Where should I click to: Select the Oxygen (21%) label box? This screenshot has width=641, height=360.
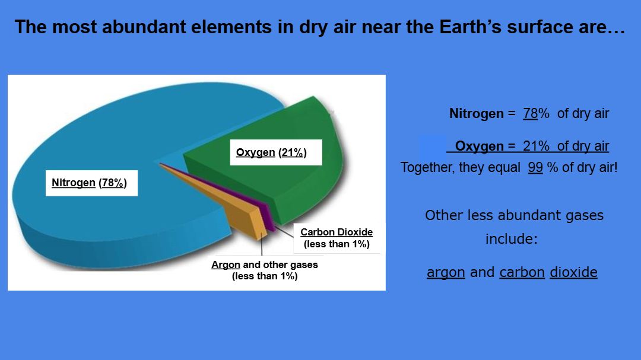click(276, 152)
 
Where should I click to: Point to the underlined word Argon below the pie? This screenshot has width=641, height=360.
click(226, 265)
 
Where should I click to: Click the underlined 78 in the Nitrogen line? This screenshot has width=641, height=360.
click(530, 113)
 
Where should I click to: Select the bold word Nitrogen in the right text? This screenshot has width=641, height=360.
click(476, 113)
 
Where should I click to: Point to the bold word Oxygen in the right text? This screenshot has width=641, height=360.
click(479, 146)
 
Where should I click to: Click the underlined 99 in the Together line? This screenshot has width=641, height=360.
click(535, 167)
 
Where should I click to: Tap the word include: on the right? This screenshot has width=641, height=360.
click(512, 238)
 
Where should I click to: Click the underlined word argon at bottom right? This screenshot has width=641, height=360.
click(446, 273)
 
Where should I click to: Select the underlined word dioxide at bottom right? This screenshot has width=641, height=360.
click(573, 272)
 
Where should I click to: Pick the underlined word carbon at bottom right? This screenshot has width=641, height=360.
click(522, 272)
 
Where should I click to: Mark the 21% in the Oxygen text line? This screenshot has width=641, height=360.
click(536, 146)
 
